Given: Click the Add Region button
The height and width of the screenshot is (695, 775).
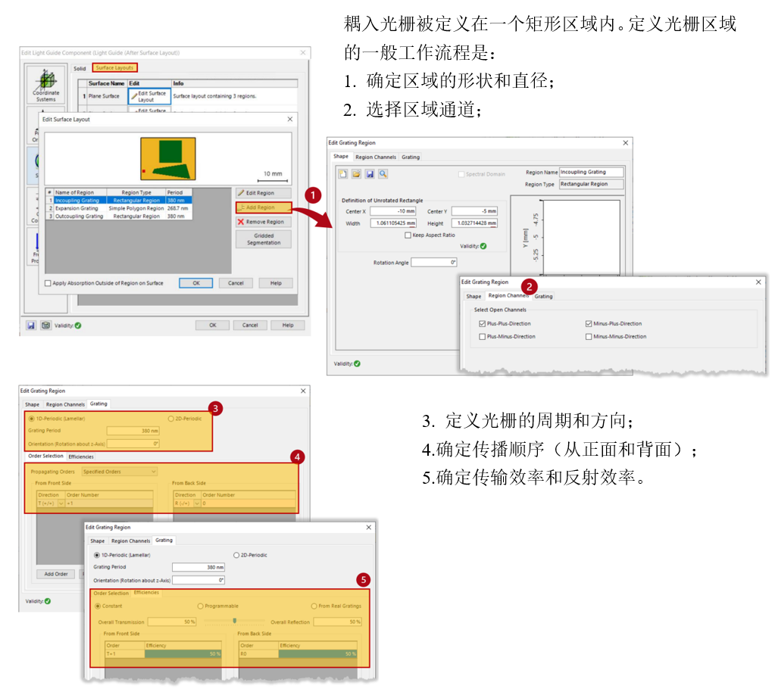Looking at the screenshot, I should pyautogui.click(x=264, y=207).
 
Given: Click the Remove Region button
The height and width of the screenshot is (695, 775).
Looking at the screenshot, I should pyautogui.click(x=264, y=222).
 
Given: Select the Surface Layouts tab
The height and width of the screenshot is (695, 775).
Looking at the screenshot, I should pyautogui.click(x=114, y=68).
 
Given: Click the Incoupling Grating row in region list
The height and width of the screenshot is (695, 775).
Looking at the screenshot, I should pyautogui.click(x=77, y=201).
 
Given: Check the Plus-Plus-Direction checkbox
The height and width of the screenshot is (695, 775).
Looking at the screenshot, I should pyautogui.click(x=482, y=323).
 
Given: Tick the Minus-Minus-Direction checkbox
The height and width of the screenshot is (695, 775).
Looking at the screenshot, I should pyautogui.click(x=589, y=336).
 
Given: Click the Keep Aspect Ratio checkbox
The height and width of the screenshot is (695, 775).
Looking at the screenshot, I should pyautogui.click(x=408, y=235).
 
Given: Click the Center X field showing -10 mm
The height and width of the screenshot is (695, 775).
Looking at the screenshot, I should pyautogui.click(x=393, y=211).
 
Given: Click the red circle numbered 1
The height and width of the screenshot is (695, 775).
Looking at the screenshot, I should pyautogui.click(x=312, y=195).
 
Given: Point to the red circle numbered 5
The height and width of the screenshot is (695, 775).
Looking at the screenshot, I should pyautogui.click(x=364, y=580).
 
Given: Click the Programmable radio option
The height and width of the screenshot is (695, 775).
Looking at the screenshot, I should pyautogui.click(x=200, y=606).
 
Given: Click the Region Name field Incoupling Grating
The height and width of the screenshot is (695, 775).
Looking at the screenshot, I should pyautogui.click(x=591, y=172).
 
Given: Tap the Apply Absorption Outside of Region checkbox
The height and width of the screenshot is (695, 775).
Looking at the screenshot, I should pyautogui.click(x=48, y=283).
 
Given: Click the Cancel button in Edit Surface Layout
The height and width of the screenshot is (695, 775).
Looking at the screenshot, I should pyautogui.click(x=236, y=283).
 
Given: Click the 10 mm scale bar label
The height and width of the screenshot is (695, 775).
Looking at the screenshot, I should pyautogui.click(x=273, y=174).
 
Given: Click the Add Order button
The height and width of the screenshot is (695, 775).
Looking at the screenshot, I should pyautogui.click(x=56, y=574).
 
